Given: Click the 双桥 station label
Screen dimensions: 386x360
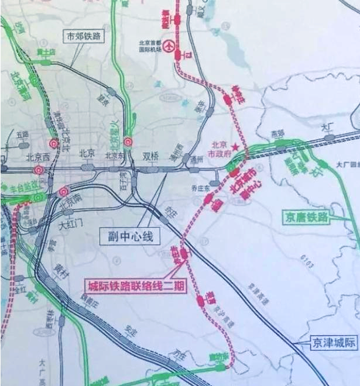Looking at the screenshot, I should [150, 156].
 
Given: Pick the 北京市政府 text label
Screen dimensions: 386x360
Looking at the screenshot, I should [220, 149].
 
